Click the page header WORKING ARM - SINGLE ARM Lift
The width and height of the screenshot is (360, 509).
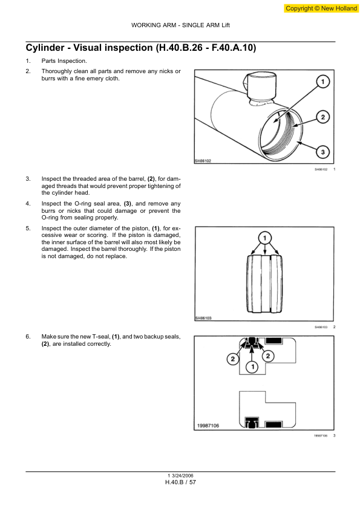[x=180, y=25]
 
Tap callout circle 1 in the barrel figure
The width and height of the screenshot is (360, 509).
[x=323, y=82]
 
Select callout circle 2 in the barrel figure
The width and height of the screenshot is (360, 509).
[x=323, y=117]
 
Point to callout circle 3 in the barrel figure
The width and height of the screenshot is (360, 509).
[x=323, y=151]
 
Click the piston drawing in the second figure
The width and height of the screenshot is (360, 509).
[x=264, y=284]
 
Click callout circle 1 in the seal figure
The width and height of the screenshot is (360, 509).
[x=252, y=367]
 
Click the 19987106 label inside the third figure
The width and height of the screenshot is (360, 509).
[x=208, y=426]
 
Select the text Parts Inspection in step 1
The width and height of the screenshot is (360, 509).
[x=64, y=61]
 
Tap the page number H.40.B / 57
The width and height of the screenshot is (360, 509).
[x=180, y=482]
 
